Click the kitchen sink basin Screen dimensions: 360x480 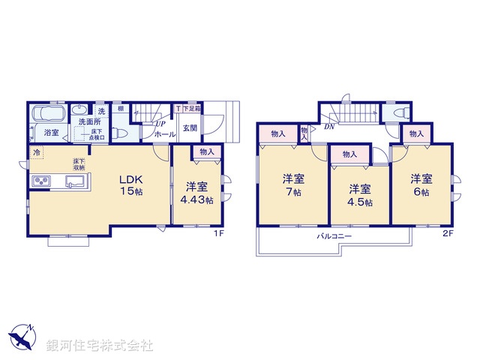pyautogui.click(x=76, y=181)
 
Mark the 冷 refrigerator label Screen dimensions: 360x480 pyautogui.click(x=36, y=152)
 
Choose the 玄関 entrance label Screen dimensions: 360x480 pyautogui.click(x=190, y=128)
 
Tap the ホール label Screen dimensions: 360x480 pyautogui.click(x=164, y=134)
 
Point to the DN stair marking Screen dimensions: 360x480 pyautogui.click(x=328, y=127)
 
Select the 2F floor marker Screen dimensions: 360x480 pyautogui.click(x=447, y=233)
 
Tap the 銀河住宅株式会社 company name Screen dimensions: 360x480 pyautogui.click(x=100, y=346)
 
